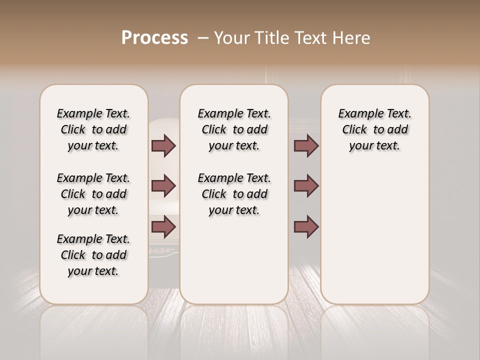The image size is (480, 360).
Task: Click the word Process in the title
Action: coord(154,38)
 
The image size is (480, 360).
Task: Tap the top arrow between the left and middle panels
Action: coord(163,145)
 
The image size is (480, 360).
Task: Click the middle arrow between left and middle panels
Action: coord(163,186)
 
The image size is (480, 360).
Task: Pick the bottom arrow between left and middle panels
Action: coord(163,227)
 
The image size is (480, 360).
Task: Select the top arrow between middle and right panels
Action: coord(306,145)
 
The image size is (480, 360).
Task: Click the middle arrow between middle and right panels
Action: coord(306,186)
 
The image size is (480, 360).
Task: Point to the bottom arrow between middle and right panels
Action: coord(306,227)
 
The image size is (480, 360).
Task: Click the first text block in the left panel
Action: coord(93,129)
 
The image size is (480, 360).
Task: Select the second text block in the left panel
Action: coord(93,194)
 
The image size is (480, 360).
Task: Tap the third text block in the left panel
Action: coord(93,255)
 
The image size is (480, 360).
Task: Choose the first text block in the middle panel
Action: coord(234,129)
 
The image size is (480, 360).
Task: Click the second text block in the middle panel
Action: coord(234,194)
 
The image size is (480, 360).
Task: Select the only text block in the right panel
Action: coord(374,129)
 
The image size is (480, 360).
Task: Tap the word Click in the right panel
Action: coord(354,130)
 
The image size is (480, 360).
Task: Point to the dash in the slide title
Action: coord(203,38)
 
